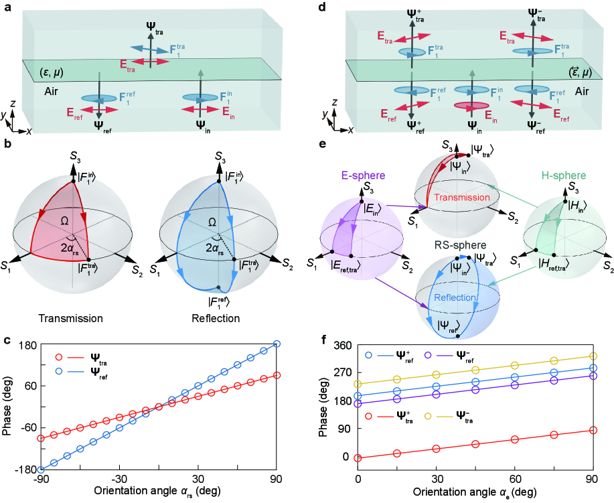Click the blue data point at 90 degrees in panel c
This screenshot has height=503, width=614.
tap(277, 344)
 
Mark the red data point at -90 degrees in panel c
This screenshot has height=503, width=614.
tap(41, 438)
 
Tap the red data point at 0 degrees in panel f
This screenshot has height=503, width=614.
tap(358, 458)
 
